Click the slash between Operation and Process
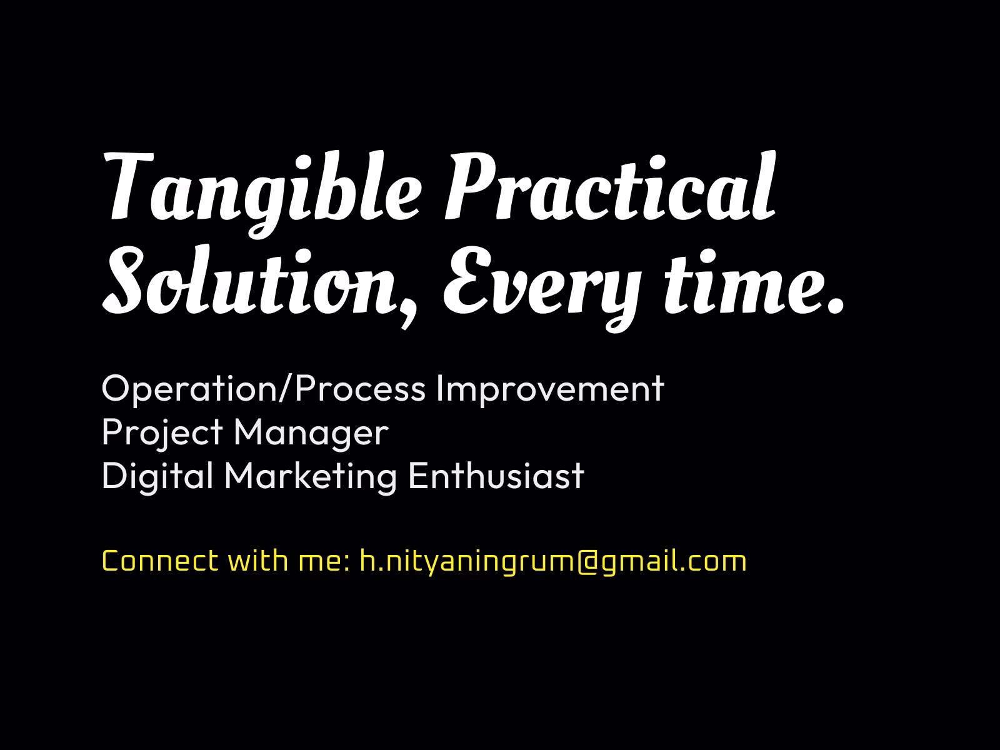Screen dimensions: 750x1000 coord(284,389)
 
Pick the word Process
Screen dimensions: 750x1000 coord(359,389)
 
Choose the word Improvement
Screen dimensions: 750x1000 coord(549,389)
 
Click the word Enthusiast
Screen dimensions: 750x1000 coord(496,476)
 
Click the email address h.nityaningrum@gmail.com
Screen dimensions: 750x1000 coord(553,561)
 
